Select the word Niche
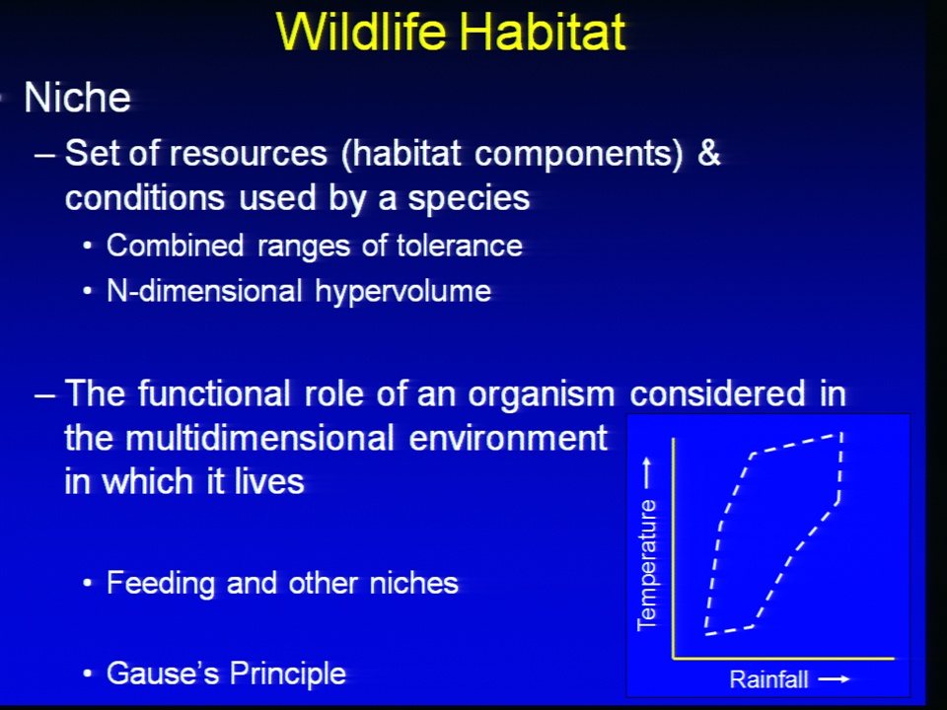(x=77, y=98)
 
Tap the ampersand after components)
(x=709, y=152)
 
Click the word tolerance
(x=460, y=246)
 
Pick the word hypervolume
(x=402, y=292)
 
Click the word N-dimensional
(x=204, y=291)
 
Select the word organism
(x=542, y=394)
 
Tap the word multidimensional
(x=260, y=438)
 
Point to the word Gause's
(x=163, y=674)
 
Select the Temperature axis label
(x=647, y=565)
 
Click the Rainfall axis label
(x=768, y=679)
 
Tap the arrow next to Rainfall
(x=835, y=679)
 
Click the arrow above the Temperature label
(x=647, y=472)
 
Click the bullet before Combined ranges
(x=88, y=247)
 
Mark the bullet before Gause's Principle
(x=88, y=674)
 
